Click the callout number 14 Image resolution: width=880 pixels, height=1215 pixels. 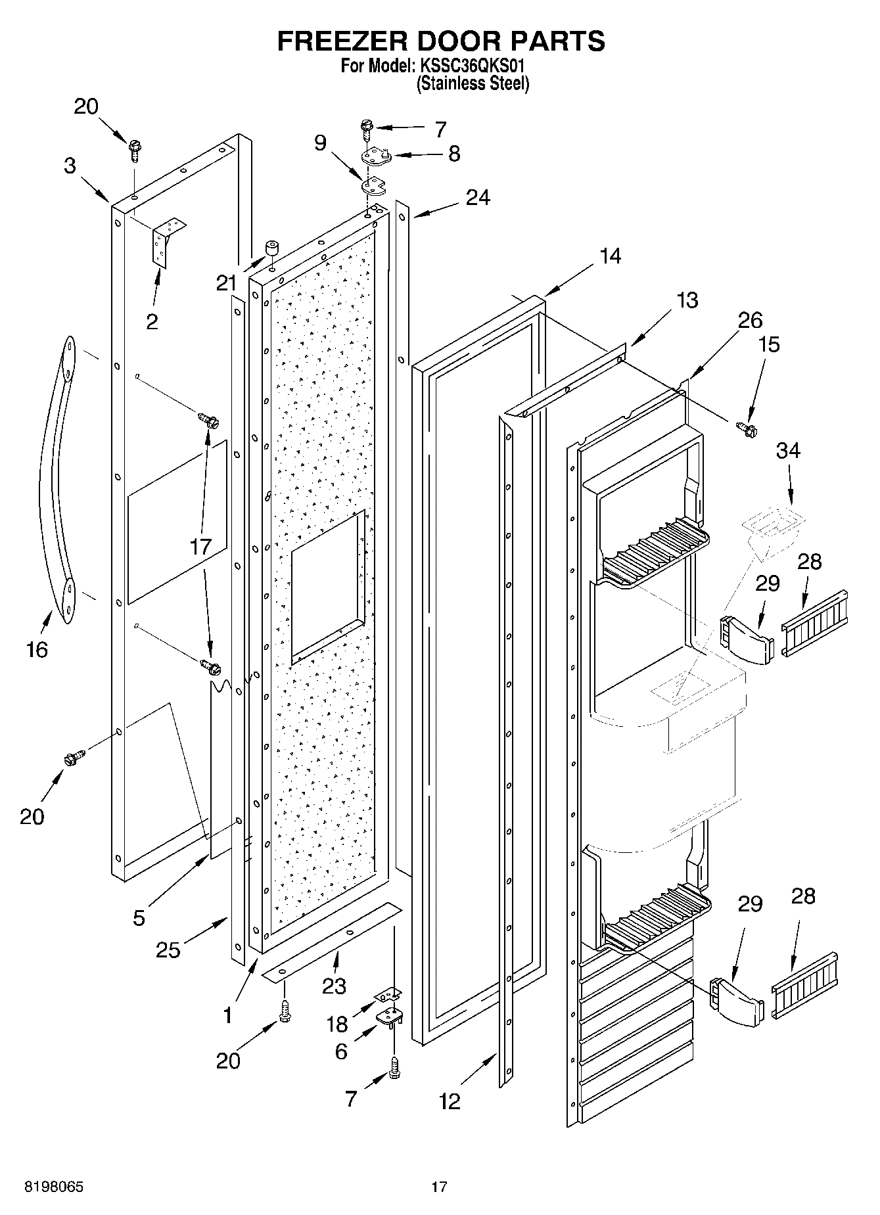pos(610,256)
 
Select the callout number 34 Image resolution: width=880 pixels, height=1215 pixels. pos(788,451)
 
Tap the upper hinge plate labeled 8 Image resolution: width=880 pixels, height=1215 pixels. pos(375,156)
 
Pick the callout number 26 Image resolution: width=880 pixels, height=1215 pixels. pos(750,320)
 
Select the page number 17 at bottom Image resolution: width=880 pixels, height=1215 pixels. pos(439,1187)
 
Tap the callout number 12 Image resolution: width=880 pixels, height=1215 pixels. pos(450,1101)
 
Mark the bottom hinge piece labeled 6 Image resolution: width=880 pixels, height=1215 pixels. pos(389,1016)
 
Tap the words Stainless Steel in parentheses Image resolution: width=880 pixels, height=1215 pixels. pos(473,84)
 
